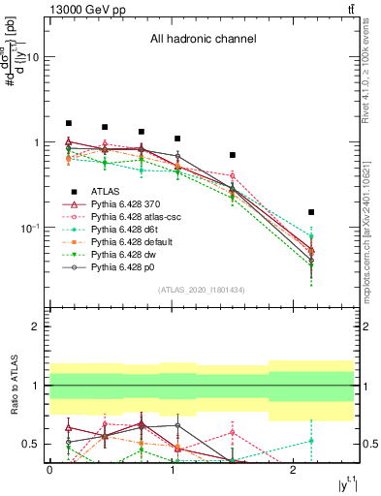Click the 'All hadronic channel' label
click(x=203, y=40)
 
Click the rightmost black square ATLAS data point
click(x=311, y=212)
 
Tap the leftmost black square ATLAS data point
click(x=69, y=123)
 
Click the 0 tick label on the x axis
click(x=49, y=470)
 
